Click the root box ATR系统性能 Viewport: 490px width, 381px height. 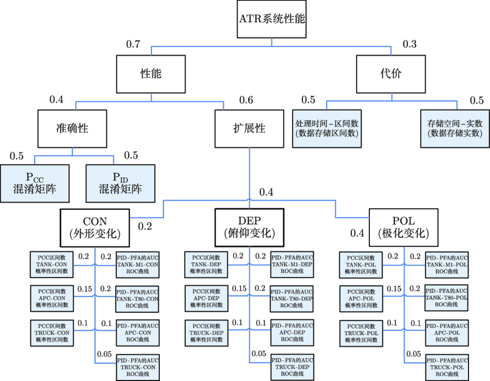tap(272, 19)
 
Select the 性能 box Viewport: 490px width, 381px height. tap(151, 74)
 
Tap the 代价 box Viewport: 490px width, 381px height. tap(391, 74)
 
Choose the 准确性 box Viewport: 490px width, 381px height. tap(72, 128)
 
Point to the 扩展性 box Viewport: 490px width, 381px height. tap(249, 128)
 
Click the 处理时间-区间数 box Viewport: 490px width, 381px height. tap(326, 128)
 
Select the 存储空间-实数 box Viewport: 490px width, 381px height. tap(455, 128)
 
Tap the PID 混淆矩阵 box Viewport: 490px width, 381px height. tap(120, 183)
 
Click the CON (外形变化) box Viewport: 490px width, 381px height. tap(95, 228)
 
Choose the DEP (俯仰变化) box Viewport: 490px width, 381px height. tap(249, 228)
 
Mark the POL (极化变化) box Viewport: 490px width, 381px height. tap(403, 228)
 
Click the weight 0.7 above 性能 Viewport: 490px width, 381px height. tap(133, 45)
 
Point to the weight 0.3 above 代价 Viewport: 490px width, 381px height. tap(410, 45)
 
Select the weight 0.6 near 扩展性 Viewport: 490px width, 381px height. tap(246, 100)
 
